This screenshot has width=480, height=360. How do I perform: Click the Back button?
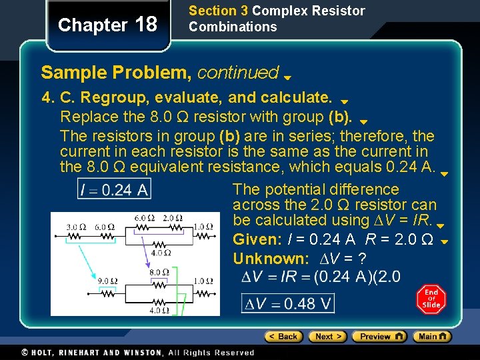(283, 337)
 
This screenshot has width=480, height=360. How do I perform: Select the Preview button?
(379, 337)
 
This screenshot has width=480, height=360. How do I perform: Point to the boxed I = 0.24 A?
(114, 190)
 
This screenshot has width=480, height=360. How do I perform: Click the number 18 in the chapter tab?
(146, 25)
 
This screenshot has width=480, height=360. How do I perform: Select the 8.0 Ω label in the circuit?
(159, 272)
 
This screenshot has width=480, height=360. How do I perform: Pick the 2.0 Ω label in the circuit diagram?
(173, 218)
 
